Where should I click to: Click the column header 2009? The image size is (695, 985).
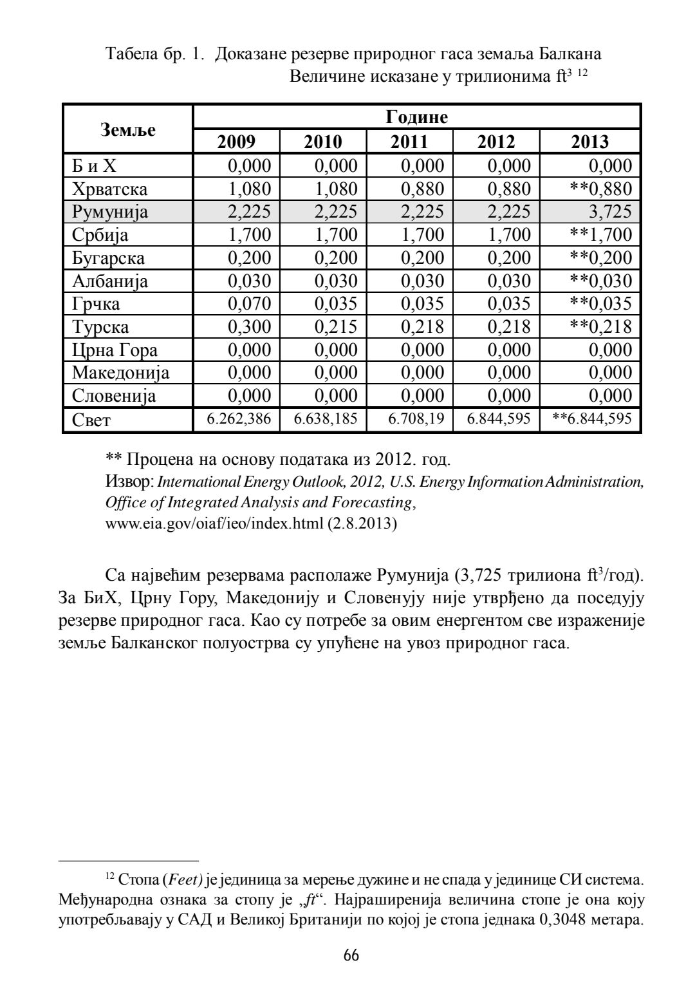(237, 142)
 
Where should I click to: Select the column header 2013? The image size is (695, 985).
(589, 142)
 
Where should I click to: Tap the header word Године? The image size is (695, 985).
(416, 117)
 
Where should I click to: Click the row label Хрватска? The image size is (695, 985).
(110, 189)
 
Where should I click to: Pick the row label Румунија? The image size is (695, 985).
(110, 212)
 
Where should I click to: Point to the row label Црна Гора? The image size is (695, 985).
(115, 350)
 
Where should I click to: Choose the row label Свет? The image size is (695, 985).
(91, 420)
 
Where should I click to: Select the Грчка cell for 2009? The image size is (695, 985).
(250, 303)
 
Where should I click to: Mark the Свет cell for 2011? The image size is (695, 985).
(416, 420)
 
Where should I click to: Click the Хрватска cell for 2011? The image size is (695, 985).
(422, 189)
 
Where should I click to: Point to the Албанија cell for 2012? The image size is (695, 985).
(509, 281)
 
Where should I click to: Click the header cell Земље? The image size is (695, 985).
(129, 129)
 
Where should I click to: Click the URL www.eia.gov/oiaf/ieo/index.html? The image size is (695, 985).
(214, 523)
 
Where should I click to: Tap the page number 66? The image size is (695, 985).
(351, 955)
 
